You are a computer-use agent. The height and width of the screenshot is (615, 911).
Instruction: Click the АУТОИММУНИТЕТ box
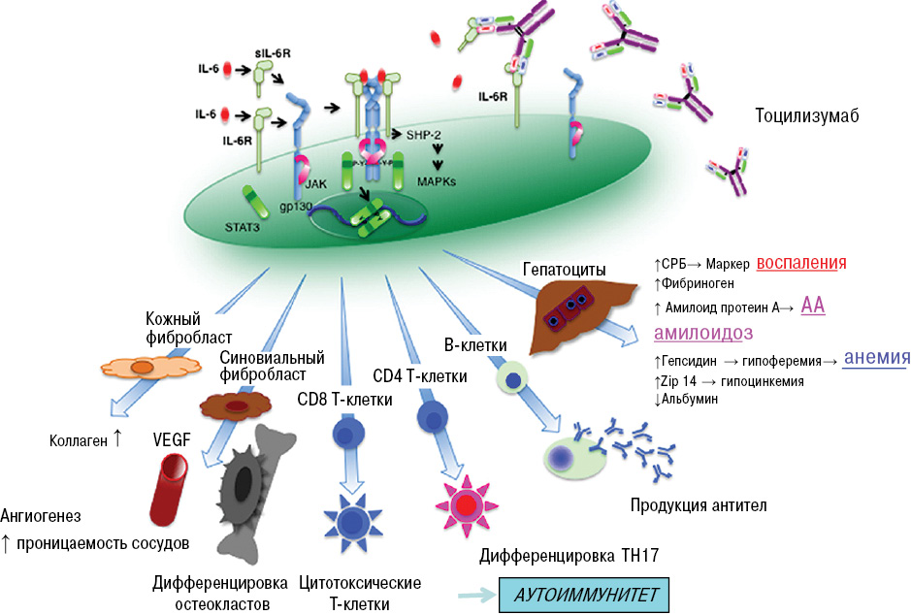(583, 593)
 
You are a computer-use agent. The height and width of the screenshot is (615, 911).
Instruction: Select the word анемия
(875, 357)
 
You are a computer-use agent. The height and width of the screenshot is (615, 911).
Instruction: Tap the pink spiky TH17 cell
(469, 504)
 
